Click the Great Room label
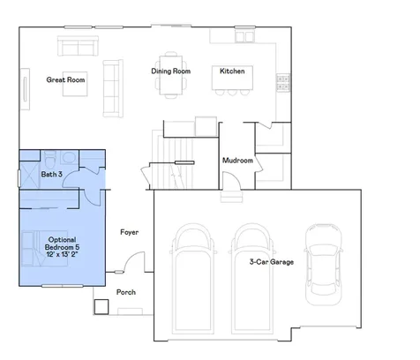click(65, 79)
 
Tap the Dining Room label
click(170, 71)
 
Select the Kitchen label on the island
click(232, 71)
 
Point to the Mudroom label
click(237, 161)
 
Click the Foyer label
click(129, 232)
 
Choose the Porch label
click(126, 292)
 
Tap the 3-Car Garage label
click(271, 261)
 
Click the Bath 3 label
click(51, 174)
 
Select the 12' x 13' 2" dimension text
click(62, 254)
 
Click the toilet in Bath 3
click(50, 159)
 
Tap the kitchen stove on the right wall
click(283, 82)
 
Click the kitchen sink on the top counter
click(244, 37)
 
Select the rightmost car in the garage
click(323, 265)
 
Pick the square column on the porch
click(101, 307)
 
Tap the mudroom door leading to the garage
click(232, 180)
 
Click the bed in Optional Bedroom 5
click(45, 249)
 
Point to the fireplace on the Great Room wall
click(25, 89)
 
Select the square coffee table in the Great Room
click(75, 84)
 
